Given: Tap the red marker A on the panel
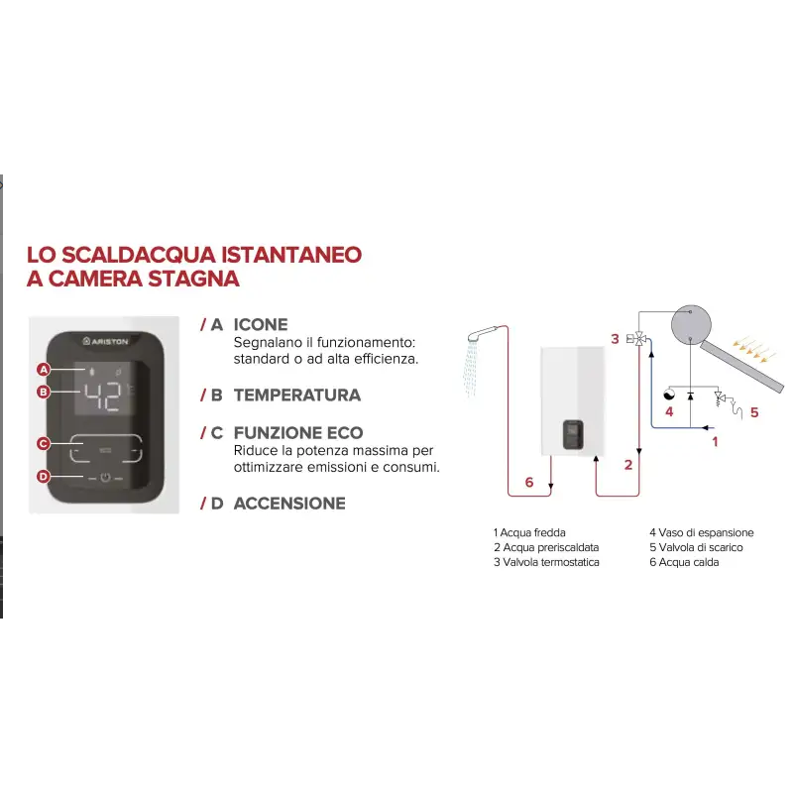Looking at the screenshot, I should pos(44,370).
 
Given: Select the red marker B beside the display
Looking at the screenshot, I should pos(44,392).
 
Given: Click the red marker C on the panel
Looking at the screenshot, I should pos(44,443).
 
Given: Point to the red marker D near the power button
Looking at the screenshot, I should pos(44,477).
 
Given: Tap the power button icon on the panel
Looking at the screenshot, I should pos(104,477).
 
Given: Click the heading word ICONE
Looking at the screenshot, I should pos(261,324).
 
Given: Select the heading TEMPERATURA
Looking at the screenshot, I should pos(297,395).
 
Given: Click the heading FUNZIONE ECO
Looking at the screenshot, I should pos(298,433).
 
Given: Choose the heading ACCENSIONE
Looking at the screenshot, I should pos(289,504).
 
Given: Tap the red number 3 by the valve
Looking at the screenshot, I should pos(615,339).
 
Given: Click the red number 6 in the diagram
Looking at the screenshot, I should pos(528,482).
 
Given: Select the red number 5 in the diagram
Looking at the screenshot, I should pos(753,412).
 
